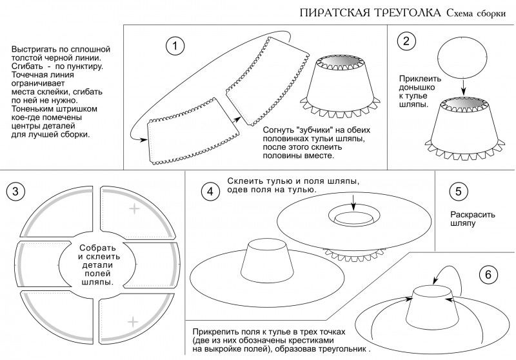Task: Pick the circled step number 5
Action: [x=457, y=191]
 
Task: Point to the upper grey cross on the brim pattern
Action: [x=134, y=208]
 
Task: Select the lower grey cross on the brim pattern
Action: [x=134, y=321]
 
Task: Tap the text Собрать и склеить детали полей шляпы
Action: [x=98, y=265]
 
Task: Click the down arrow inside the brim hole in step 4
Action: [x=353, y=204]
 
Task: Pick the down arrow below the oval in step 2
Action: [x=463, y=88]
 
